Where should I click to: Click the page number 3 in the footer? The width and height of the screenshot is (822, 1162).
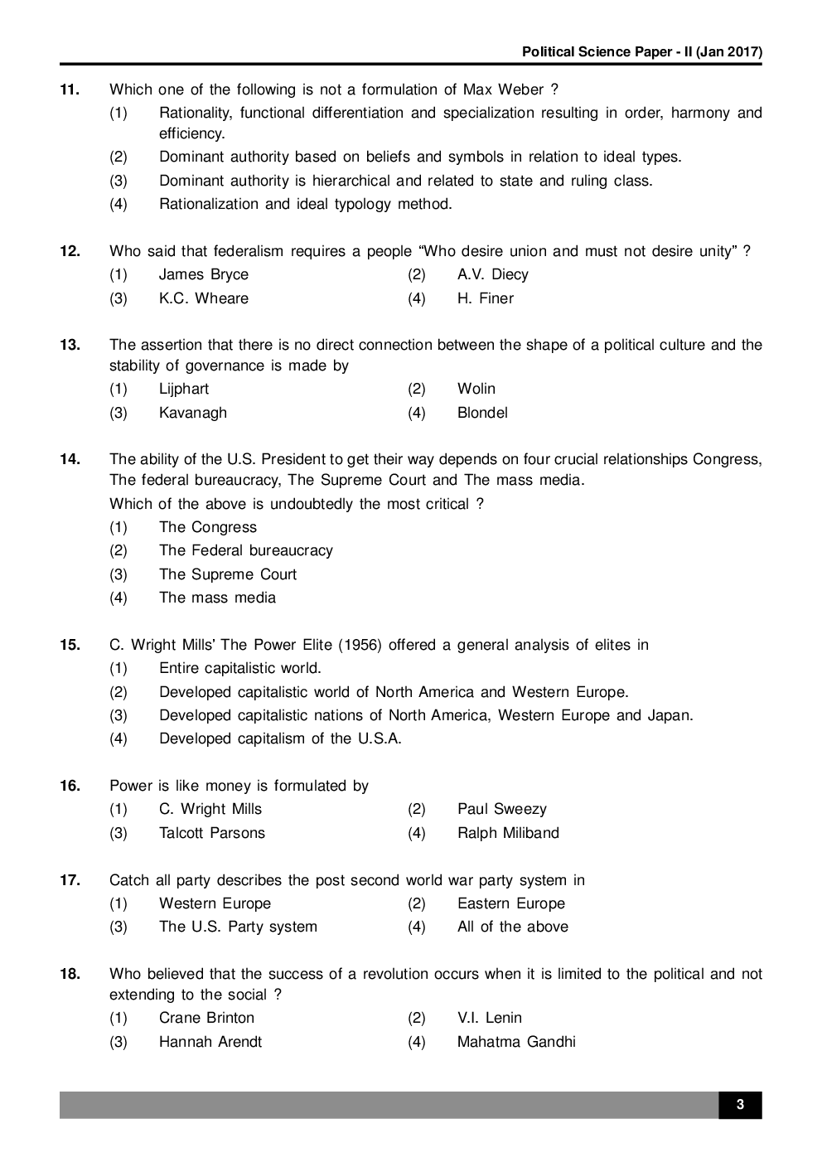pyautogui.click(x=739, y=1105)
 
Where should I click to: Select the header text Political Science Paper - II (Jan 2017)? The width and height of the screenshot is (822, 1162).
pyautogui.click(x=641, y=52)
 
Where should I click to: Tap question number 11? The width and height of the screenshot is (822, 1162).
pyautogui.click(x=70, y=90)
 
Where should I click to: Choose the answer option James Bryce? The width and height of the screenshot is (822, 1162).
pyautogui.click(x=203, y=274)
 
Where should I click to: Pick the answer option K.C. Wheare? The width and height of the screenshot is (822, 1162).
pyautogui.click(x=203, y=298)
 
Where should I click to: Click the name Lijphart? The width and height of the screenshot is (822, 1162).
pyautogui.click(x=183, y=389)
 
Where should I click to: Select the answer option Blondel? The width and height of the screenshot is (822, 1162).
pyautogui.click(x=482, y=413)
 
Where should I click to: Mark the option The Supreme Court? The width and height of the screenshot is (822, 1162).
pyautogui.click(x=227, y=574)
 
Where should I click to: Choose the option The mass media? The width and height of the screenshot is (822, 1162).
pyautogui.click(x=217, y=598)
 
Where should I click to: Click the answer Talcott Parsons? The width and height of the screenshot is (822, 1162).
pyautogui.click(x=211, y=833)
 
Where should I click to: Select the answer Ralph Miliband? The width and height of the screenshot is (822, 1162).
pyautogui.click(x=508, y=833)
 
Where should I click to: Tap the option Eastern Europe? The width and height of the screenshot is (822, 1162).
pyautogui.click(x=510, y=903)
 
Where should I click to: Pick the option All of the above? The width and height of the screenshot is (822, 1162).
pyautogui.click(x=512, y=927)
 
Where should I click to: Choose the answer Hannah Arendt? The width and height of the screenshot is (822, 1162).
pyautogui.click(x=210, y=1042)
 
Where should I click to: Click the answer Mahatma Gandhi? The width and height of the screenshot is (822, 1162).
pyautogui.click(x=515, y=1042)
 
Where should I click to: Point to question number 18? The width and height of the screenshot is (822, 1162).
pyautogui.click(x=70, y=974)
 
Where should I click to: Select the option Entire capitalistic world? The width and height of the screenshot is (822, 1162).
pyautogui.click(x=239, y=668)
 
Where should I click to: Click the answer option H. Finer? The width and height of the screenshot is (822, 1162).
pyautogui.click(x=485, y=298)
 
